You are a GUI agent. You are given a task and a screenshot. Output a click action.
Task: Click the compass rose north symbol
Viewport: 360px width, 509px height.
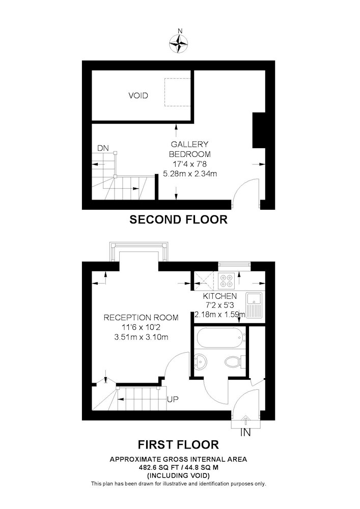[x=179, y=43]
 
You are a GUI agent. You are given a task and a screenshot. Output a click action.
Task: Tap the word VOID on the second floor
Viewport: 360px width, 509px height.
[x=139, y=96]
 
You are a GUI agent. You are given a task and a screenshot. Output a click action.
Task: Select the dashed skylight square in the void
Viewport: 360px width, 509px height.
[x=177, y=92]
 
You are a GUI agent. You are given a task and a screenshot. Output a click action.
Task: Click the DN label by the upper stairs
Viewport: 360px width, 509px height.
[x=103, y=148]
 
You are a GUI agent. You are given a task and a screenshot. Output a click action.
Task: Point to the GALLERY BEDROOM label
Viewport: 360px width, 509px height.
[x=189, y=149]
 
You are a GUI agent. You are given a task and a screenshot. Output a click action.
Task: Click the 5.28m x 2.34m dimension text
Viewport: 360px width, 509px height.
[x=190, y=174]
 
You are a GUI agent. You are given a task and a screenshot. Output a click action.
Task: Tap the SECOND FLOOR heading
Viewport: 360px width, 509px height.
[x=179, y=220]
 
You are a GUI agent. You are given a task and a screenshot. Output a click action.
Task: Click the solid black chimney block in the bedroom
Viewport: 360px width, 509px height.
[x=259, y=130]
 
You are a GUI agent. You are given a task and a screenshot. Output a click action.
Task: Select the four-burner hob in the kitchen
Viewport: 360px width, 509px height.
[x=227, y=281]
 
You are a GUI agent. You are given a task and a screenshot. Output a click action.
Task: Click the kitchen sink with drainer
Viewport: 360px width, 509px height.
[x=255, y=305]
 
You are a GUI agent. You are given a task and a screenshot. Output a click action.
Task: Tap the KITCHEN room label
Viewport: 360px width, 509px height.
[x=220, y=296]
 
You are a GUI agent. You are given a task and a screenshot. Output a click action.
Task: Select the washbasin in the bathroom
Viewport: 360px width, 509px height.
[x=201, y=361]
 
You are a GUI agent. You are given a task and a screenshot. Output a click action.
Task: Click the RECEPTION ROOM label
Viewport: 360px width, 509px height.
[x=141, y=318]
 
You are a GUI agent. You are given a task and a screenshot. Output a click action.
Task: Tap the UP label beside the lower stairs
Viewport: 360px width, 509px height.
[x=173, y=399]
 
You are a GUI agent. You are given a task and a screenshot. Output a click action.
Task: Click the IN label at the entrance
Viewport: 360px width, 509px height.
[x=245, y=432]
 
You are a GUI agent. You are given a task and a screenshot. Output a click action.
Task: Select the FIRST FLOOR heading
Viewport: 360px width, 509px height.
[x=179, y=444]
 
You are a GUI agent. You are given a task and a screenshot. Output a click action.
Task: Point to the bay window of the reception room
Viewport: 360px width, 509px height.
[x=140, y=252]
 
